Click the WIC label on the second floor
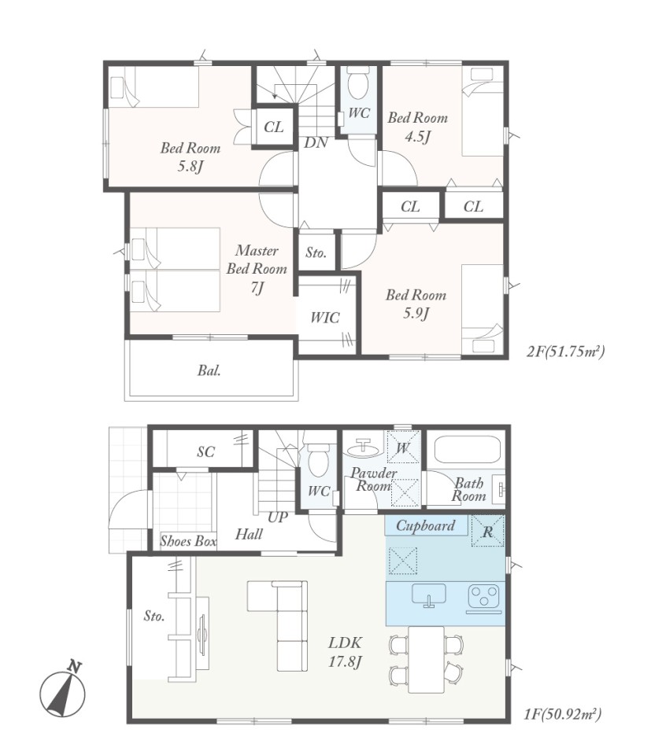coord(325,317)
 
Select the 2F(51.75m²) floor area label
coord(565,351)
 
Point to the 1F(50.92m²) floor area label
coord(562,713)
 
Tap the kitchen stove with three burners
coord(484,597)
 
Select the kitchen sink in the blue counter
coord(429,595)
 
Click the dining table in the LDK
coord(426,659)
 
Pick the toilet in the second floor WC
coord(358,82)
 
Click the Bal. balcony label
coord(209,370)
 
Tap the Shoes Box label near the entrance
coord(188,541)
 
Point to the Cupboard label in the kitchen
coord(426,525)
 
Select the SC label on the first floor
coord(205,451)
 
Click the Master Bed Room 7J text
coord(257,269)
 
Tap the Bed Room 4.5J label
coord(417,127)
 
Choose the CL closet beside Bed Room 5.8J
coord(274,127)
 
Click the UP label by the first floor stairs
coord(278,517)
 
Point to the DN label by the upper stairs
coord(316,142)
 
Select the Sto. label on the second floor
coord(316,252)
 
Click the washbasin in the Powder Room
coord(363,447)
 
